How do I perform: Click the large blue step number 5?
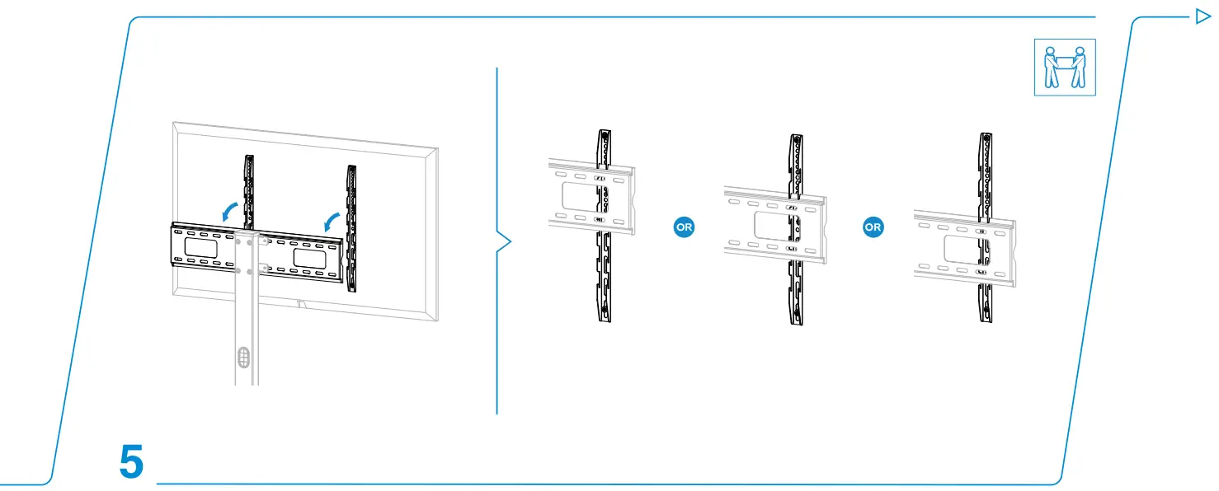131,461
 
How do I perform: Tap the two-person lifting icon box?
1065,68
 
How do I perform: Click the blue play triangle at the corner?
1203,16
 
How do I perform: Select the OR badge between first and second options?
684,227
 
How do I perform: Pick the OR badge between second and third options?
873,227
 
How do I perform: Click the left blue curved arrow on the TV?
229,212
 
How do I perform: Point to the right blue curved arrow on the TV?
331,222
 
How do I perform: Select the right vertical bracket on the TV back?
351,228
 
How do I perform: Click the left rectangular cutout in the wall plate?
200,248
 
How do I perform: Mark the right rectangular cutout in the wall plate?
309,259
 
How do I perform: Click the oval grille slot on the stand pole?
244,358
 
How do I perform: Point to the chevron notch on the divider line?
504,241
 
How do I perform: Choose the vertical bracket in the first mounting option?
604,226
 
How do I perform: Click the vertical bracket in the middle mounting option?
796,230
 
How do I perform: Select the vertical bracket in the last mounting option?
986,227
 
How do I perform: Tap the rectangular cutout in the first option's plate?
581,196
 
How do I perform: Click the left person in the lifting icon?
1051,67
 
